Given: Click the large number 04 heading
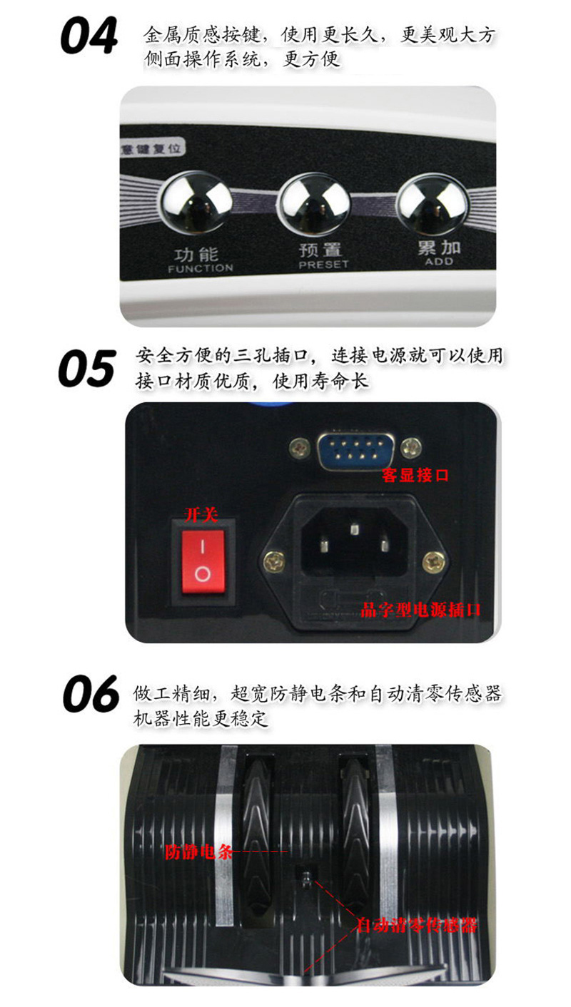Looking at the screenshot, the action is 89,36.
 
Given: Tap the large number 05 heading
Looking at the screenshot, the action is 87,369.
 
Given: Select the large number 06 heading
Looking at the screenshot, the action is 91,693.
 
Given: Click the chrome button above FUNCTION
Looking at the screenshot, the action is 196,203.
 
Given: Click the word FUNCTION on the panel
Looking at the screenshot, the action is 201,268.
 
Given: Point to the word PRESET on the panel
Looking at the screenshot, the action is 323,265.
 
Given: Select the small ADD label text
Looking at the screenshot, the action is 439,261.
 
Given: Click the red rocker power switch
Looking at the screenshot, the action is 203,561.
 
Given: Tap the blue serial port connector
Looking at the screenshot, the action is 355,450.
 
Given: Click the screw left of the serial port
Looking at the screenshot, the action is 300,448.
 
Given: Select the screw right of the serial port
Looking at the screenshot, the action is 410,446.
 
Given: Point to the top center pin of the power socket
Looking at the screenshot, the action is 355,528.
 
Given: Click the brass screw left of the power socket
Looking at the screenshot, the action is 275,561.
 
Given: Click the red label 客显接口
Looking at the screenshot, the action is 415,475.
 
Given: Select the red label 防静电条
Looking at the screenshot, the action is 198,852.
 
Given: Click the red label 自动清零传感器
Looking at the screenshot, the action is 417,925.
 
